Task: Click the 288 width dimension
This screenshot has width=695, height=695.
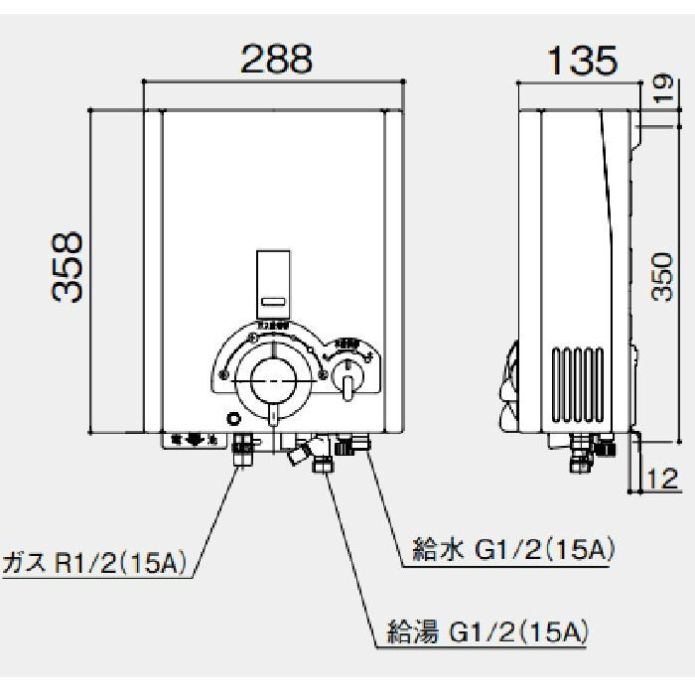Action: (x=277, y=59)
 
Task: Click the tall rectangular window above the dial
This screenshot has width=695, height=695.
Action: (x=272, y=282)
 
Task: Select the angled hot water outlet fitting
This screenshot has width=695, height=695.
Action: (x=299, y=455)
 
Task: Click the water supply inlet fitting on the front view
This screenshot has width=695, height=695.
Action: (x=348, y=447)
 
